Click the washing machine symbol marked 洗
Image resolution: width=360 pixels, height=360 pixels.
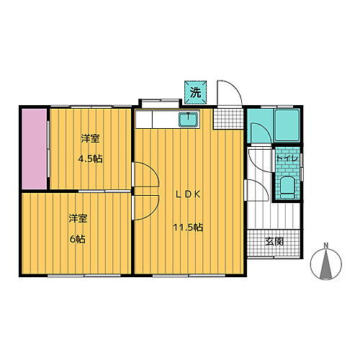point(194,91)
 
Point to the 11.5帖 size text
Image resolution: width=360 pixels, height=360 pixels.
point(186,228)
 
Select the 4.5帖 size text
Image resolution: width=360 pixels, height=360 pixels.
point(89,158)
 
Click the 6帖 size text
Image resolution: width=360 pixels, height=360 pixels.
point(78,239)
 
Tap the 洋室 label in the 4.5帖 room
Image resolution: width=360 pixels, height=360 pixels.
point(89,138)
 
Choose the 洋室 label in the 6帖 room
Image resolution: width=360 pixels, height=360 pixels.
point(78,218)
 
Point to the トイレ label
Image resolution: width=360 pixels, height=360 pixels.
point(287,158)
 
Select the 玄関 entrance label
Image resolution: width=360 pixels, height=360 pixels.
point(274,240)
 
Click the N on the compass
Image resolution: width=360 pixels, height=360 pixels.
point(326,248)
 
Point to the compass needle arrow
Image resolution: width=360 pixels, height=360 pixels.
point(326,266)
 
